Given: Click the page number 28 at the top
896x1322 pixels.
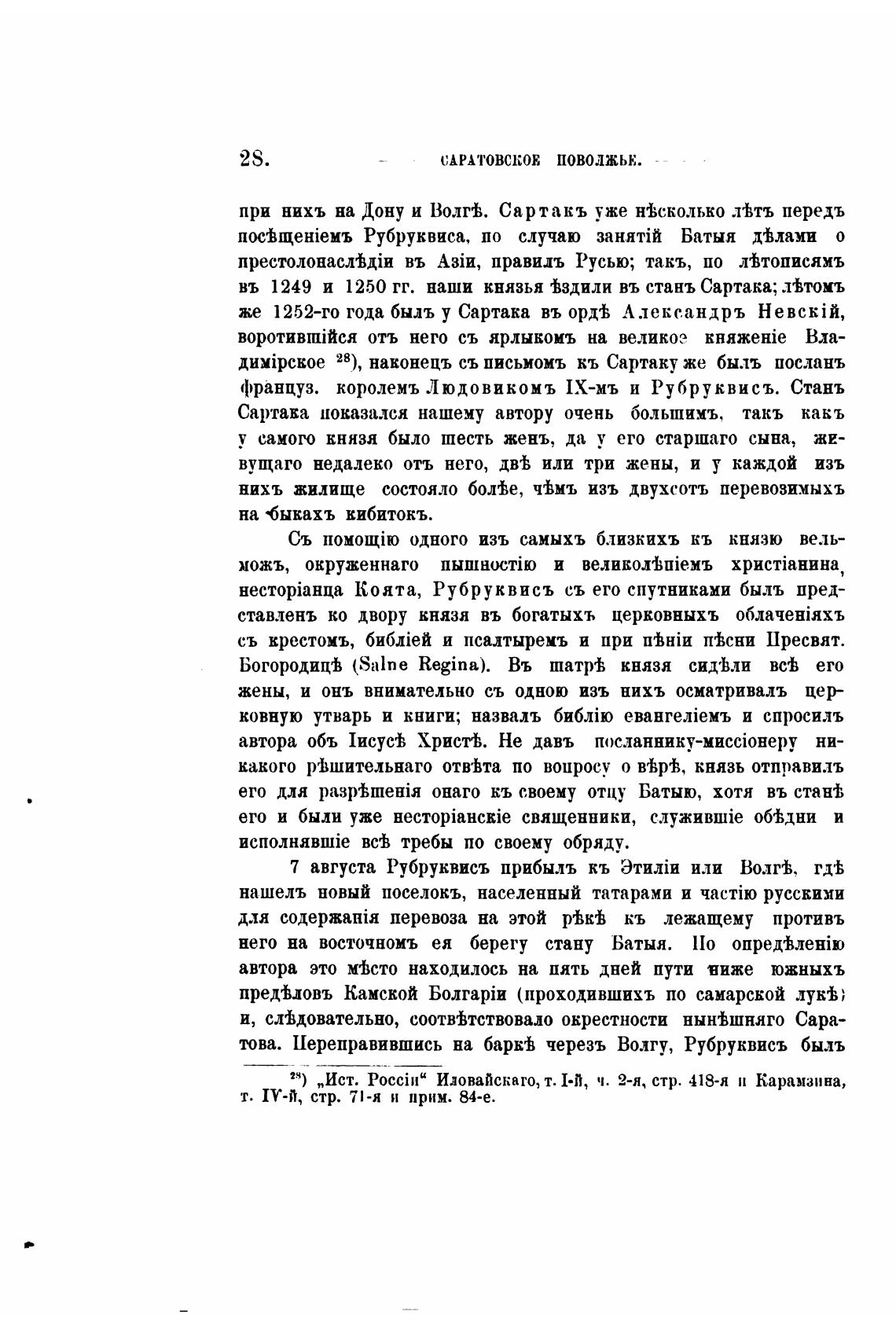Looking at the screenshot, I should [x=253, y=160].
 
